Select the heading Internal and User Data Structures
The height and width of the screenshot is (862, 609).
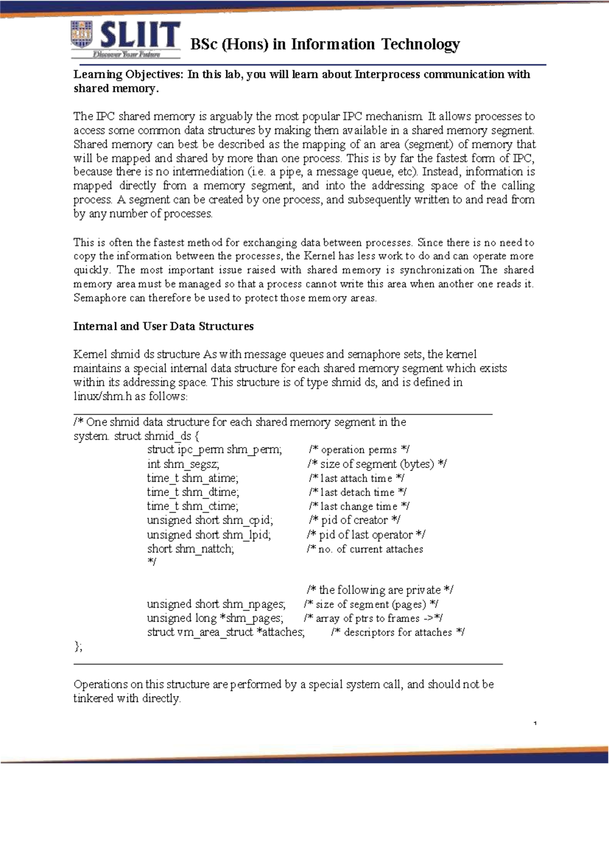163,326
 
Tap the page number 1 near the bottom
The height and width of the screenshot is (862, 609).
535,723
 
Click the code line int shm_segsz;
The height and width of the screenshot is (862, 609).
183,464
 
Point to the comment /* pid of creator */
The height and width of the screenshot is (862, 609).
354,520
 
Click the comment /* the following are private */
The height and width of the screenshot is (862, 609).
380,590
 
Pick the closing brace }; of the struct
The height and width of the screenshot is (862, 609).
78,646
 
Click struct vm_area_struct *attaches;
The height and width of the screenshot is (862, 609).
226,633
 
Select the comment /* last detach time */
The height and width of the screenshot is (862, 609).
357,492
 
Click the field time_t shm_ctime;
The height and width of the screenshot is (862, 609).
192,506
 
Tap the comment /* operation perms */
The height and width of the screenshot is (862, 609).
359,450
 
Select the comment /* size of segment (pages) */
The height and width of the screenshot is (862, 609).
371,605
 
